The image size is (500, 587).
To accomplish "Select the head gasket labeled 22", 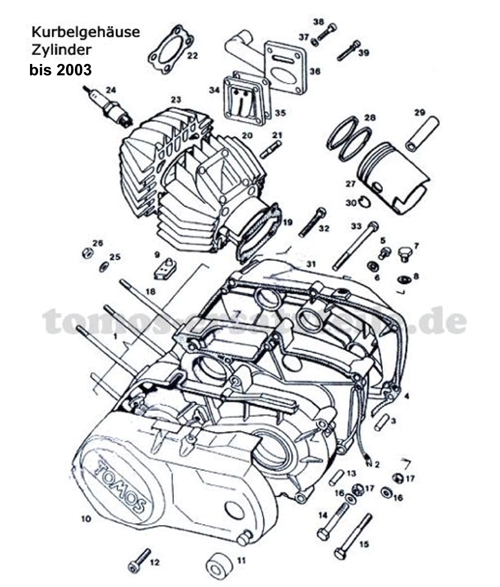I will point(171,49).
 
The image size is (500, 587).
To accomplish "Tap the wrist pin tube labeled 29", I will point(422,133).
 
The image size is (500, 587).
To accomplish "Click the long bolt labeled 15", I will point(354,537).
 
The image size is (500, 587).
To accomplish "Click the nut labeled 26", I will point(86,252).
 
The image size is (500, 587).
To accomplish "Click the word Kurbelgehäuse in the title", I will point(85,32).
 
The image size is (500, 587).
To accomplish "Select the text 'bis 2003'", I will point(60,69).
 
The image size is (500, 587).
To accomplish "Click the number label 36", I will point(314,71).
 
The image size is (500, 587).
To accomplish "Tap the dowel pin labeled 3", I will point(382,422).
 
